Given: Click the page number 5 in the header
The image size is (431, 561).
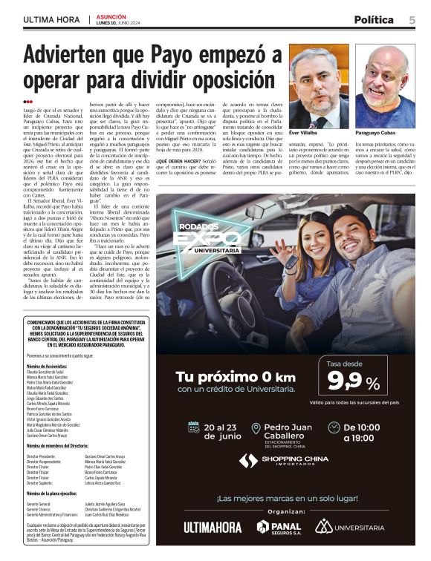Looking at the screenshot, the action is [x=412, y=19].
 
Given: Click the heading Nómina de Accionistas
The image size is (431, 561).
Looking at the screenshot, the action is [x=51, y=367].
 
